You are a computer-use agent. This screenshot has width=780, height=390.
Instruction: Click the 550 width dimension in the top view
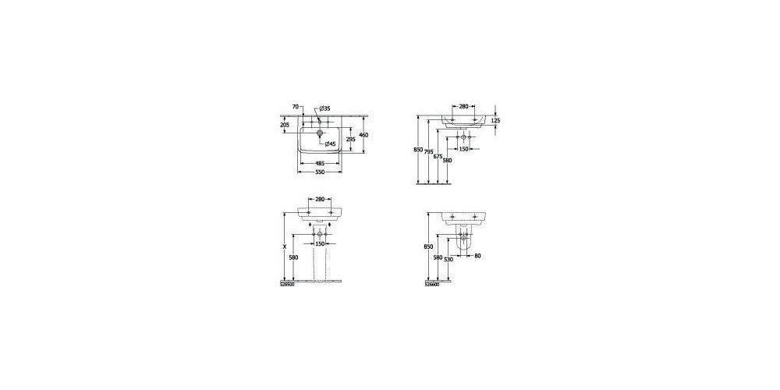click(x=320, y=172)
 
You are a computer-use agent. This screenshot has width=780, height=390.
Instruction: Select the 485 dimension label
click(x=320, y=163)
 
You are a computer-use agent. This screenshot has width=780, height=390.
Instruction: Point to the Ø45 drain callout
click(x=331, y=144)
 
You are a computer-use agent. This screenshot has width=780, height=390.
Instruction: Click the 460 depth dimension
click(x=363, y=135)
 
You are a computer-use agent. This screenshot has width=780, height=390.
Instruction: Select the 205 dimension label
click(x=284, y=125)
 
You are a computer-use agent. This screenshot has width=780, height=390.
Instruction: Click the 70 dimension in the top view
click(x=295, y=106)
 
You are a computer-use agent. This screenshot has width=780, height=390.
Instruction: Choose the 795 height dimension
click(x=428, y=152)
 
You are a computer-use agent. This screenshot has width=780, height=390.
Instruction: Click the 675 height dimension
click(x=438, y=157)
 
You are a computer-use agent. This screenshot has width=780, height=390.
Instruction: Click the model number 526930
click(x=287, y=285)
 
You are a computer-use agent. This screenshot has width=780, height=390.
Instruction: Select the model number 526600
click(x=431, y=285)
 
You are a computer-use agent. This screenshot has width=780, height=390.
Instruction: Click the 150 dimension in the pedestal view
click(x=320, y=243)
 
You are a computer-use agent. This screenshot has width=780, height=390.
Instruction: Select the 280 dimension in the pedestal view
click(x=320, y=200)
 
